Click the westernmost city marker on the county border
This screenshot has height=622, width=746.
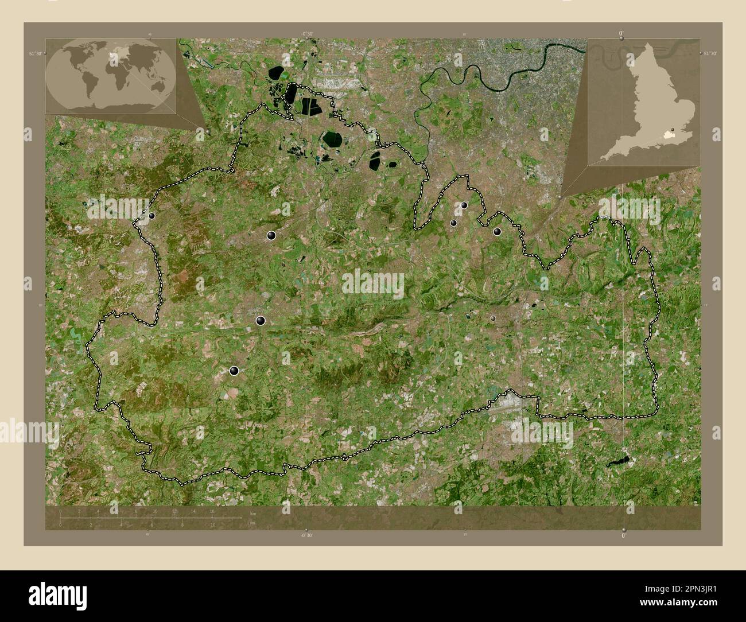152,216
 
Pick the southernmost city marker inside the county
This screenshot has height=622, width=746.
234,371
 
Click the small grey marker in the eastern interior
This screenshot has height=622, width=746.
493,317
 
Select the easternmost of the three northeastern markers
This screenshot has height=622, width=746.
497,231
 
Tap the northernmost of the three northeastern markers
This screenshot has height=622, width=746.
464,205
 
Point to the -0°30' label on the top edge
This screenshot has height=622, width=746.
308,34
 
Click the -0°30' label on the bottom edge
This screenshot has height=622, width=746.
308,535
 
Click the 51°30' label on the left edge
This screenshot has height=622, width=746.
36,53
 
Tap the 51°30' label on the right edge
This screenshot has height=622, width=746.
710,53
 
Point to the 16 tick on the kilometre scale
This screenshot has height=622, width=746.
212,511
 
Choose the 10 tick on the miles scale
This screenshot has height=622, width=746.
213,525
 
